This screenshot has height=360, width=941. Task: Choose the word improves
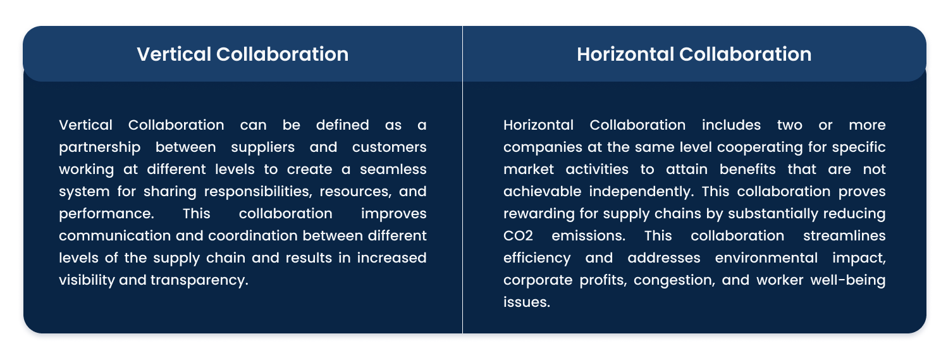coord(393,214)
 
